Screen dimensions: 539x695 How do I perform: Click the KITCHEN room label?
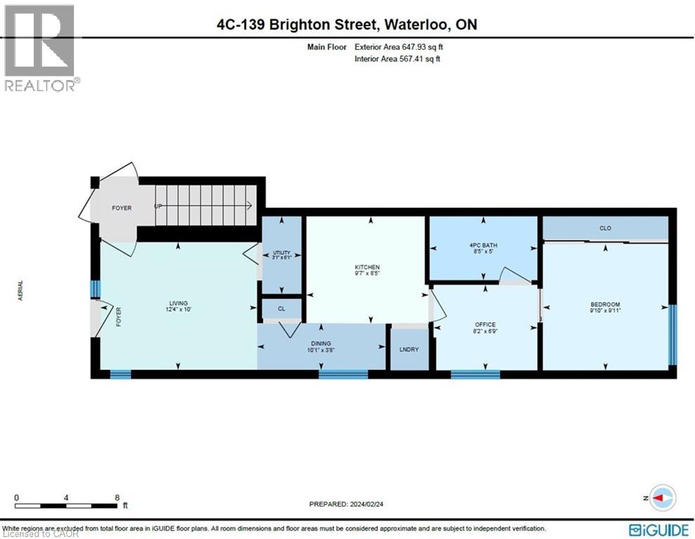coord(367,267)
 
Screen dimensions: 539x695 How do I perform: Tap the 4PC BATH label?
coord(483,245)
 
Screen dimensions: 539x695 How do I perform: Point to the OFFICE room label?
coord(485,324)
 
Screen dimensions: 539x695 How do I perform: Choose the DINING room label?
coord(320,344)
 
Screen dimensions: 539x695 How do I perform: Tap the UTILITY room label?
coord(281,253)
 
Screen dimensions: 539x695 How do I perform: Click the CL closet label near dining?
coord(281,308)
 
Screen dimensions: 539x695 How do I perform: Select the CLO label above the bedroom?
coord(605,228)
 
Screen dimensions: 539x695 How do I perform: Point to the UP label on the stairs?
coord(160,206)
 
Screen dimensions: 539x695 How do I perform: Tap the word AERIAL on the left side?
coord(20,291)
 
